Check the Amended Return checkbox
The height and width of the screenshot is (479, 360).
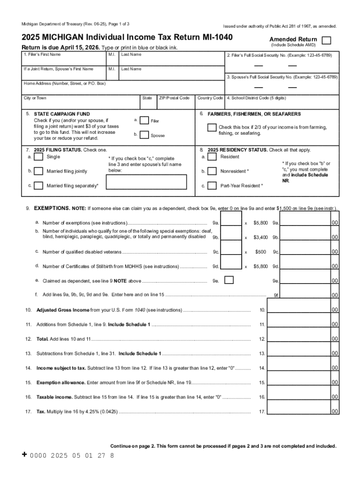(x=327, y=40)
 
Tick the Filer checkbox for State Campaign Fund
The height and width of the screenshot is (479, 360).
(x=145, y=121)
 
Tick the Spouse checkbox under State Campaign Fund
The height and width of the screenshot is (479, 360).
(x=145, y=135)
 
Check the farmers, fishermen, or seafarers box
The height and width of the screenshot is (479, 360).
(x=212, y=128)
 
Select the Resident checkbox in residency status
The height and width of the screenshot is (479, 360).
(x=212, y=157)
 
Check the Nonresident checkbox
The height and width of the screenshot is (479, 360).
(x=212, y=171)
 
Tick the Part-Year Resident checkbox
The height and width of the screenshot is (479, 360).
(x=212, y=186)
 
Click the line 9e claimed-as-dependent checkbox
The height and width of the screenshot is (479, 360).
(x=229, y=280)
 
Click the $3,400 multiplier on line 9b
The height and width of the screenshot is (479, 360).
(x=260, y=238)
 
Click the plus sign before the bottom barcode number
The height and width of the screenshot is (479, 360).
(x=25, y=455)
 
